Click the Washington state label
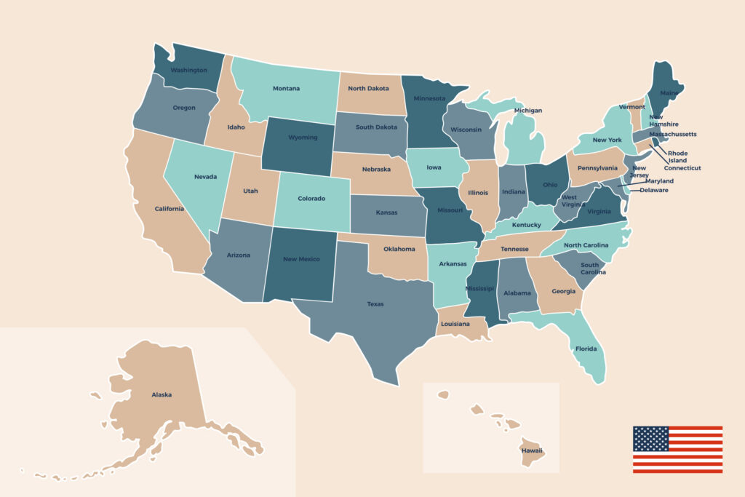point(188,71)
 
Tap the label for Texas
point(375,304)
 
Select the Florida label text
point(586,349)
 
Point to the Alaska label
point(162,394)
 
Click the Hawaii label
point(531,450)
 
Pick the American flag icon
point(677,449)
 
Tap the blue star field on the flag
point(650,438)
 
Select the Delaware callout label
point(655,190)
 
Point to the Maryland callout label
point(659,181)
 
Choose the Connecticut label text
point(682,168)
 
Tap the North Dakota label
point(368,88)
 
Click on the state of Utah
point(250,191)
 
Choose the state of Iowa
point(434,167)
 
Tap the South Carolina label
point(589,269)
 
